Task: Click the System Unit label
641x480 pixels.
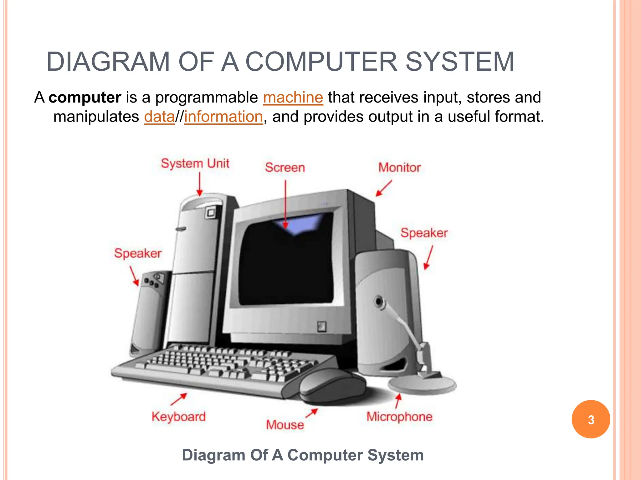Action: pos(195,163)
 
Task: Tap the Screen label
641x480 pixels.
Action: pos(285,167)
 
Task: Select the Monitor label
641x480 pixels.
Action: pos(399,167)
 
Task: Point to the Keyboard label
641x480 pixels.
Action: pos(179,417)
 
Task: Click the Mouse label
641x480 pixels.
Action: pos(285,425)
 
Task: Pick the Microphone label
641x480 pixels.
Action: pos(399,417)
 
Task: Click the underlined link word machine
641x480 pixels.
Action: pos(293,97)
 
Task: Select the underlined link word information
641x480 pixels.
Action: pos(223,117)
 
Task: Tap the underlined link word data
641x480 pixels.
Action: pos(159,117)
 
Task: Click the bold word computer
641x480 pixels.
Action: pos(85,97)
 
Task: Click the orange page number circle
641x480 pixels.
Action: pos(591,419)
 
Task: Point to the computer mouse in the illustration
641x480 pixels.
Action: pos(332,385)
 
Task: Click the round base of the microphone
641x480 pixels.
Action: pos(422,385)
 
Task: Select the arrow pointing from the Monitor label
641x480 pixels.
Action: pos(384,188)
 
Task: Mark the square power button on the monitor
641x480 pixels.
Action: pos(321,327)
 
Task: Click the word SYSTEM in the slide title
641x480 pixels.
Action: pos(459,62)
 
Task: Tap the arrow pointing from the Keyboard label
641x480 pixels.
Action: pos(179,399)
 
